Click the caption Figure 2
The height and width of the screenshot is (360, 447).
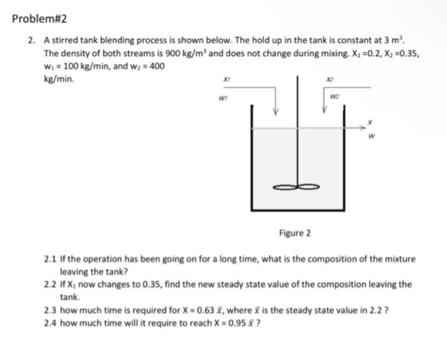pyautogui.click(x=295, y=232)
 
